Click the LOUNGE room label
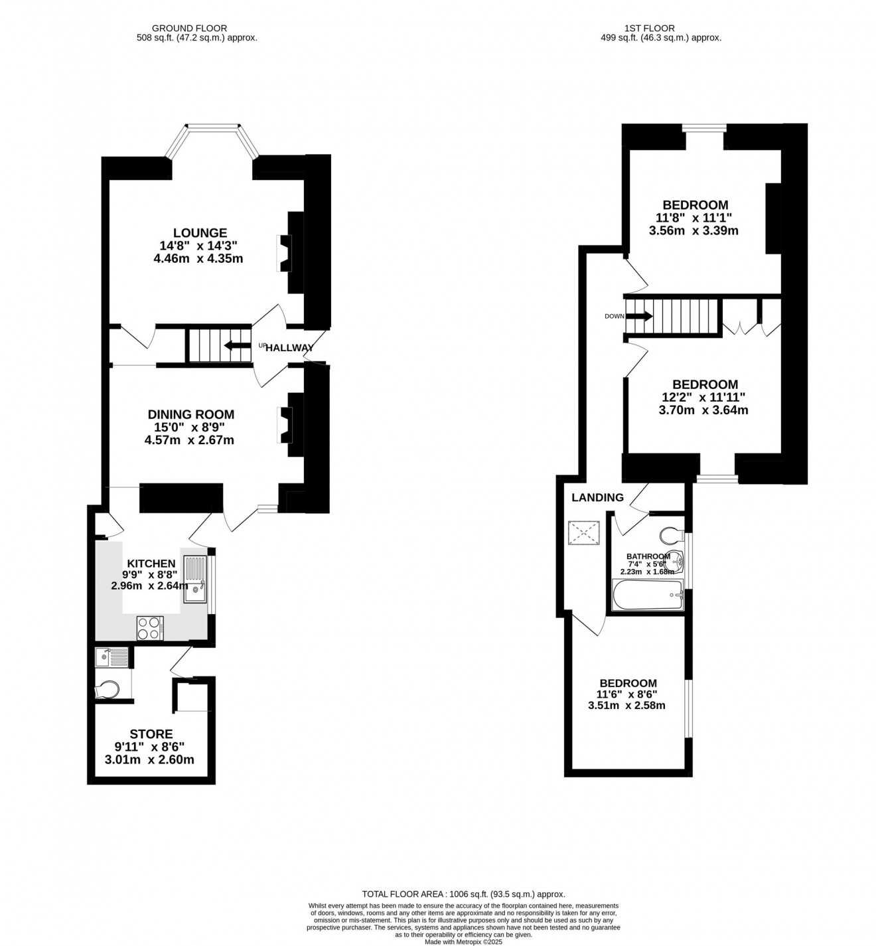coord(200,233)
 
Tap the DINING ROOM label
coord(190,414)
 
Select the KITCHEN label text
coord(151,564)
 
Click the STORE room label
coord(151,734)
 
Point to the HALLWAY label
coord(289,348)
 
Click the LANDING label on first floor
coord(597,497)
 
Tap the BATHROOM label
coord(648,556)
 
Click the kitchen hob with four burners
coord(149,628)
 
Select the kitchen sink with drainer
coord(195,579)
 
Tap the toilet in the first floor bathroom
coord(672,535)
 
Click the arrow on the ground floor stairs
coord(234,345)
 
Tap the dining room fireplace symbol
coord(283,425)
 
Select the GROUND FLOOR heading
coord(189,29)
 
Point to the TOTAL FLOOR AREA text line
coord(463,894)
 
